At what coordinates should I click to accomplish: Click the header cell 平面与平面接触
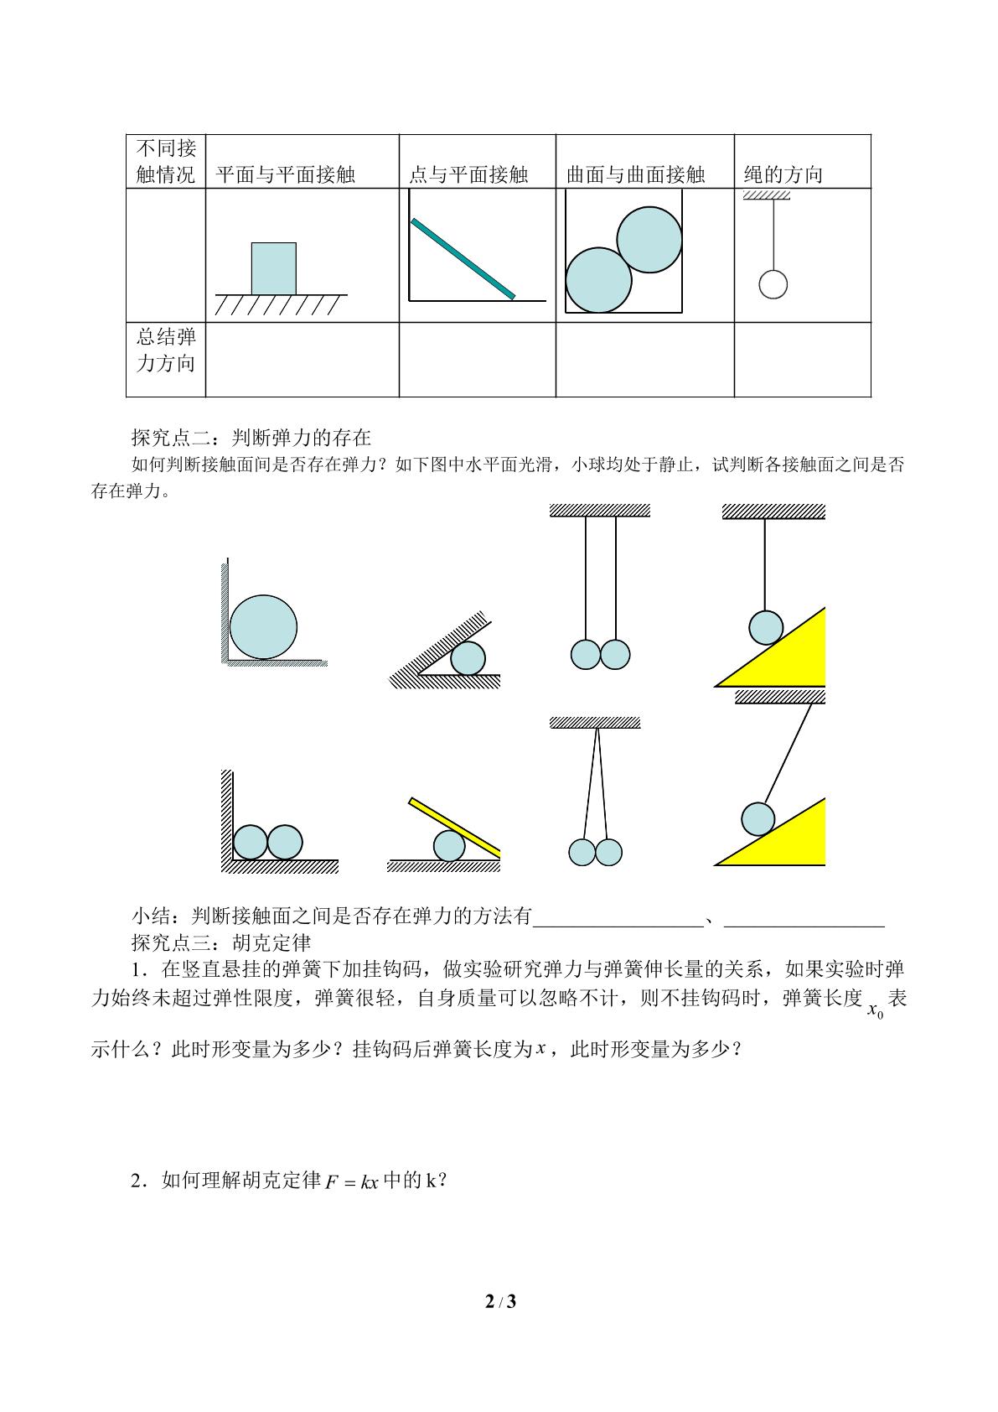coord(286,174)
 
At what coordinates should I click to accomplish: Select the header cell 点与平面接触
coord(468,174)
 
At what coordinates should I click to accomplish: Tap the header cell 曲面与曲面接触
coord(635,174)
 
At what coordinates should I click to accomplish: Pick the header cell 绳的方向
coord(783,174)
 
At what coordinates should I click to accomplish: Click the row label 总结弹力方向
coord(166,350)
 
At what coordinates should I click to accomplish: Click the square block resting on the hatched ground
coord(274,268)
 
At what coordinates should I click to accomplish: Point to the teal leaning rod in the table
coord(463,258)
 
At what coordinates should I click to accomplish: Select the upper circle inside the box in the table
coord(649,240)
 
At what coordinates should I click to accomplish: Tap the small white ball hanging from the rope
coord(773,284)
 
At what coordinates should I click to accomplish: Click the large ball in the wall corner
coord(263,627)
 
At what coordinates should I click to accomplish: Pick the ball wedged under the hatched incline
coord(468,658)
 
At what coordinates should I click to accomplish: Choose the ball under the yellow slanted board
coord(450,845)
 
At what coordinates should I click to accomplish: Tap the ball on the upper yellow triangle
coord(766,628)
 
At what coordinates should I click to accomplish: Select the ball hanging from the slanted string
coord(758,819)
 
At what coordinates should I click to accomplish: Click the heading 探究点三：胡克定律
coord(221,942)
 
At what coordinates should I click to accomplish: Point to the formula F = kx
coord(352,1181)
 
